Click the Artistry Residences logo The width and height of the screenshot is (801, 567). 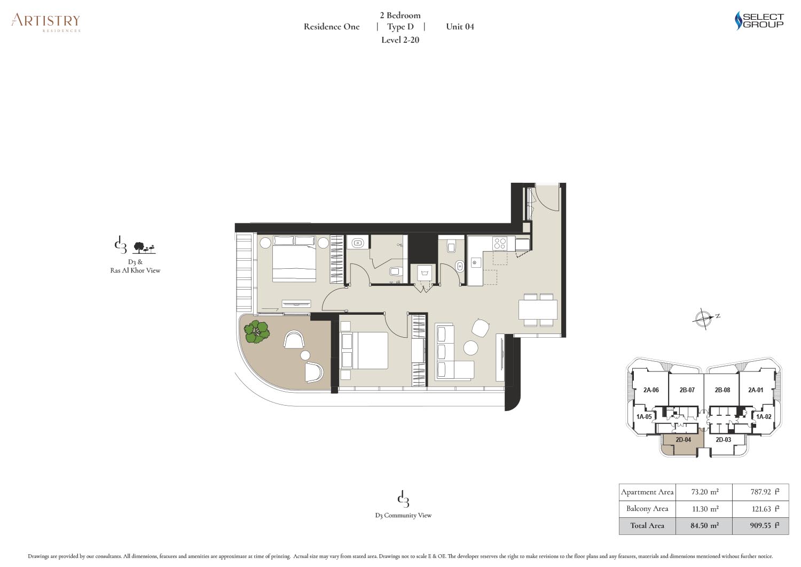[46, 22]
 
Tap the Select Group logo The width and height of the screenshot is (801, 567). [759, 21]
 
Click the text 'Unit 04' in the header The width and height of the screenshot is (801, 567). [460, 27]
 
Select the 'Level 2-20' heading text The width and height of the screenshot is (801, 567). [400, 40]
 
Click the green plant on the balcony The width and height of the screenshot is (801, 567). [256, 332]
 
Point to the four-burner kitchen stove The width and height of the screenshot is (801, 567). [499, 244]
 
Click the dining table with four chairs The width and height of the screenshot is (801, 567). [538, 309]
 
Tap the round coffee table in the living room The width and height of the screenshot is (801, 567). [470, 347]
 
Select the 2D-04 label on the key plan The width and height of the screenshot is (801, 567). [683, 440]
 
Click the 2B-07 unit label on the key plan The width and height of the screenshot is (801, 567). [687, 390]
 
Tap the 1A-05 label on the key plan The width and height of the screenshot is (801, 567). [644, 417]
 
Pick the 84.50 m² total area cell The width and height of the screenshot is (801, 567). [704, 525]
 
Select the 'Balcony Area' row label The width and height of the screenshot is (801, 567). [647, 509]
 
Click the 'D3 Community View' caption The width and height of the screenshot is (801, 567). [403, 516]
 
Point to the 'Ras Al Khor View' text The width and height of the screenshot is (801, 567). [135, 270]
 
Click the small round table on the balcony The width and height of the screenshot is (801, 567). [305, 355]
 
